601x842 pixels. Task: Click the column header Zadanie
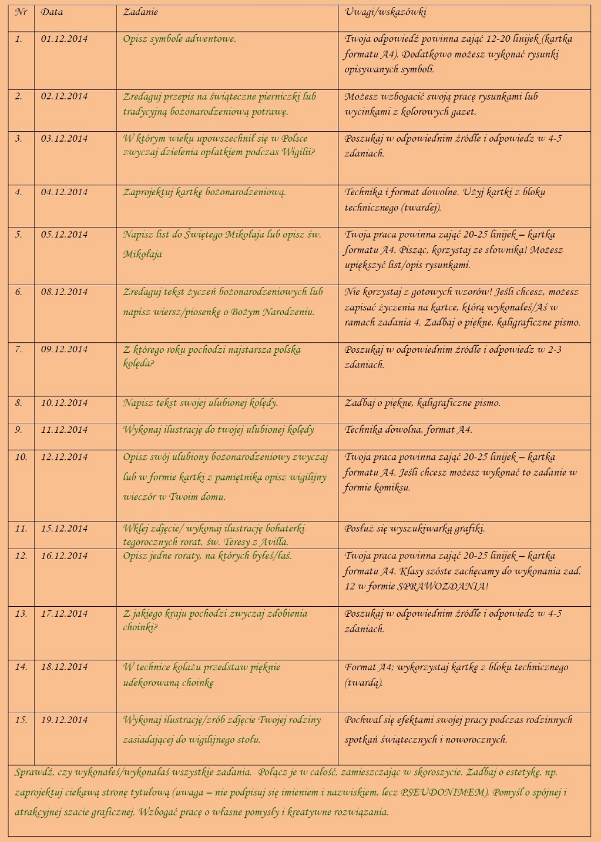tap(140, 12)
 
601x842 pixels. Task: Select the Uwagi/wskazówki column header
tap(385, 12)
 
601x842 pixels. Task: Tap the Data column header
tap(52, 12)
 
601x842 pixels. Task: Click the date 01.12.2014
tap(64, 39)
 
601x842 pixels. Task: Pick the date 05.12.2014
tap(64, 235)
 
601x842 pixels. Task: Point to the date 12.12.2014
tap(64, 457)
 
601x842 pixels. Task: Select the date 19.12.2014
tap(64, 720)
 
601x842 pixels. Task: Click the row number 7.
tap(18, 350)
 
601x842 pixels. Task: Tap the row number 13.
tap(21, 614)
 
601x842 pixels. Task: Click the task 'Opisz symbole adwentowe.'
tap(179, 39)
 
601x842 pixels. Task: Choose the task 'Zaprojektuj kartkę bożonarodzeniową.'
tap(204, 193)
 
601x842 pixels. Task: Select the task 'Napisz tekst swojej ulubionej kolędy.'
tap(200, 403)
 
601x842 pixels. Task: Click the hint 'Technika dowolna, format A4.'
tap(408, 430)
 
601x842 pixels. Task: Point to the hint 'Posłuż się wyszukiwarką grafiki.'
tap(415, 529)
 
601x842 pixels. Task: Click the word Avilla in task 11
tap(273, 542)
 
